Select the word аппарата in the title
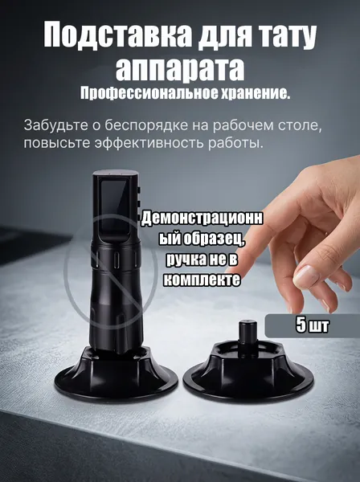(180, 71)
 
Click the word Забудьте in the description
(55, 126)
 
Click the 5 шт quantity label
(313, 325)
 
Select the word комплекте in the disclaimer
(202, 279)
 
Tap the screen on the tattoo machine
(113, 207)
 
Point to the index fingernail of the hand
(303, 274)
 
